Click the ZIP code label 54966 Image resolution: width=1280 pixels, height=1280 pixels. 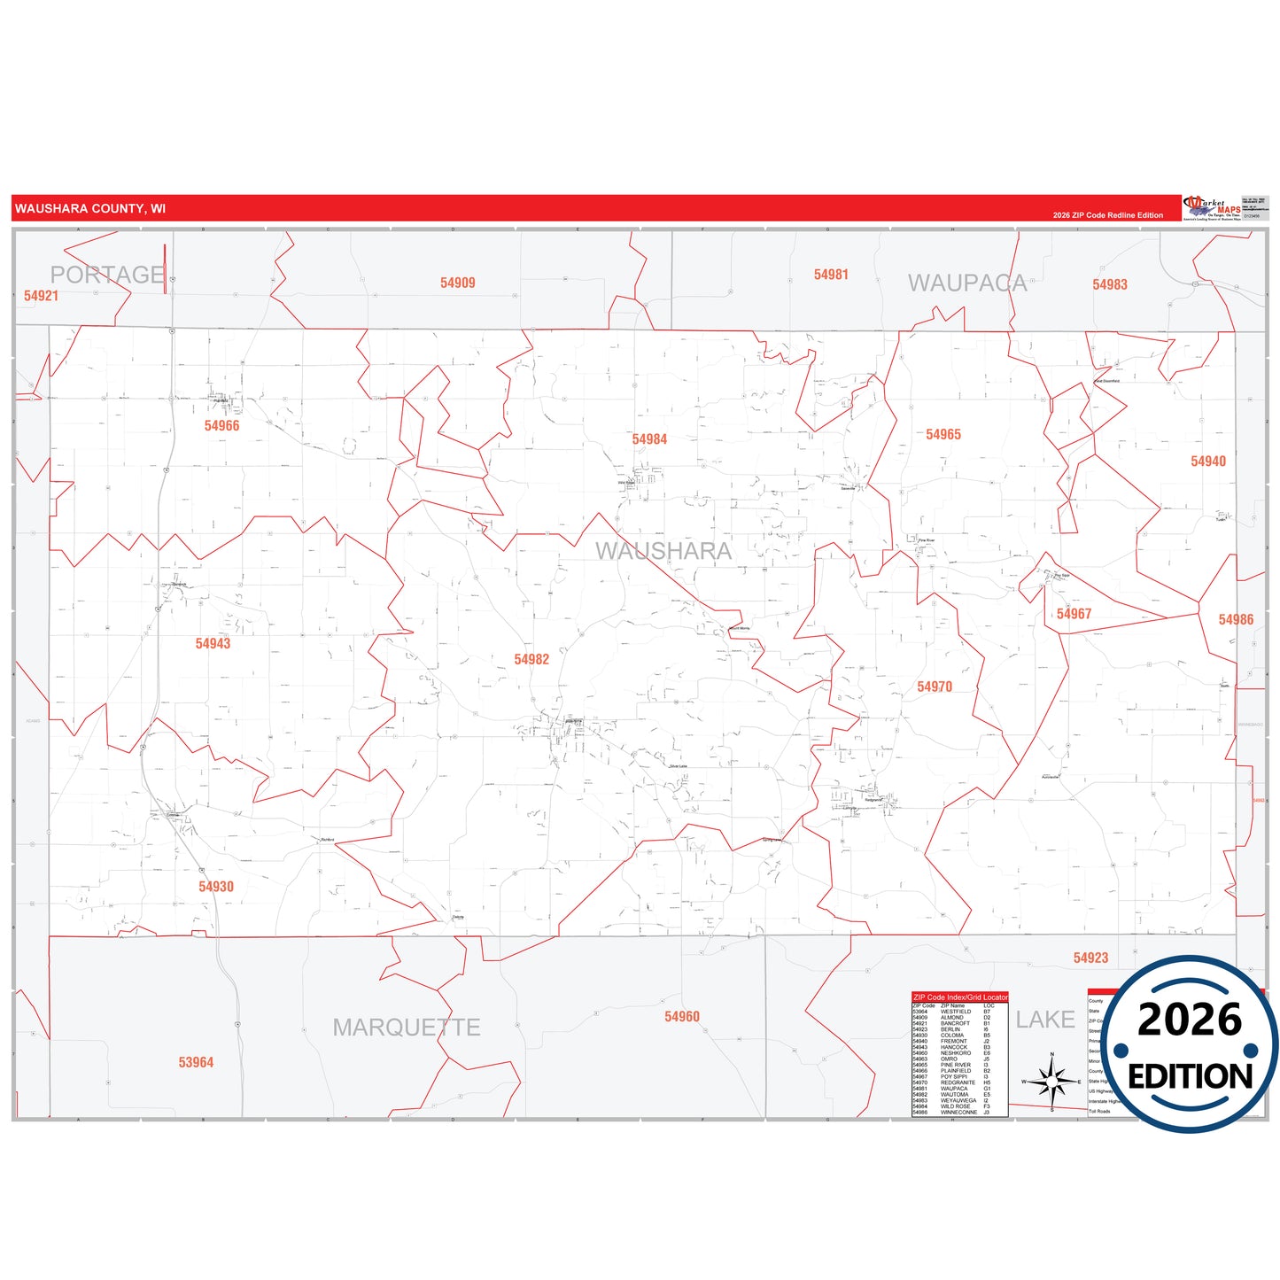(x=221, y=426)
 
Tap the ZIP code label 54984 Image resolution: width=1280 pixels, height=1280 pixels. (x=649, y=439)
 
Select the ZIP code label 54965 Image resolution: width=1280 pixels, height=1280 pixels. (x=943, y=435)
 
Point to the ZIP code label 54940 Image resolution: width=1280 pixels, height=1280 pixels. (x=1208, y=462)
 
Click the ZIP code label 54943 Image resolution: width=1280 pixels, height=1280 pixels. (x=213, y=644)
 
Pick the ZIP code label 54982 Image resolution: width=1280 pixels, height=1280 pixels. (x=531, y=660)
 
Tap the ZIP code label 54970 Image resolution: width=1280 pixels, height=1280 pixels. (x=935, y=687)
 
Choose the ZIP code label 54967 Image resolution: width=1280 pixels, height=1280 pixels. (x=1074, y=615)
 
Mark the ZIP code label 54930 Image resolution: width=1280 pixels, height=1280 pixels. (x=216, y=887)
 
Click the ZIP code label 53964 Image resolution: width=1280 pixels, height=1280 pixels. (x=196, y=1063)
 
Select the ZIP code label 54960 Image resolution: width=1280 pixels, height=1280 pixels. (x=682, y=1017)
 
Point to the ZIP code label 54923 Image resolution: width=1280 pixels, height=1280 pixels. (x=1090, y=958)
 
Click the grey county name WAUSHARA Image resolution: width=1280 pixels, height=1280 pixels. (x=663, y=551)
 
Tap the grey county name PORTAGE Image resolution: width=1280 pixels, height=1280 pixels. (x=107, y=275)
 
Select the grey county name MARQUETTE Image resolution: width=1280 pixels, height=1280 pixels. (x=407, y=1028)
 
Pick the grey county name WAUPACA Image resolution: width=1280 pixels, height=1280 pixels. (x=967, y=283)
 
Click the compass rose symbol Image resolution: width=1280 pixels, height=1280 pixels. (x=1051, y=1082)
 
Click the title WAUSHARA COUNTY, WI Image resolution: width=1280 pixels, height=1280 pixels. (x=90, y=209)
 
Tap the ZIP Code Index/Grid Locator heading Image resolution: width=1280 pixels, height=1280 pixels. (x=960, y=997)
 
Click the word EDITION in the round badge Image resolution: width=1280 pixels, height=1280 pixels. (x=1190, y=1076)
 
